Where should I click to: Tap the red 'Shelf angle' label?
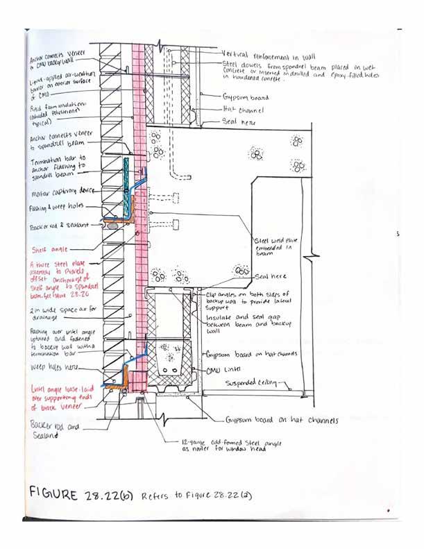pyautogui.click(x=51, y=248)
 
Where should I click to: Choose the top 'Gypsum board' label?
pyautogui.click(x=244, y=98)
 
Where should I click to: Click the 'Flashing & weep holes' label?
pyautogui.click(x=56, y=208)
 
